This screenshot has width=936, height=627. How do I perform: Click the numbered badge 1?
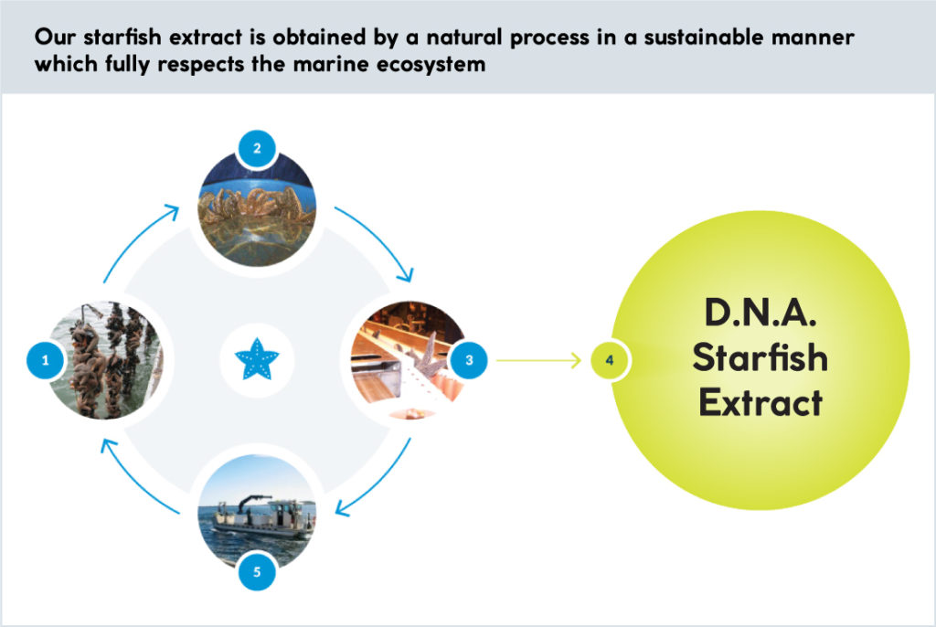click(46, 360)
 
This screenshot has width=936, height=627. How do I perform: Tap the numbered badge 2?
click(257, 148)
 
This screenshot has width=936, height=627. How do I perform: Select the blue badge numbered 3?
click(469, 360)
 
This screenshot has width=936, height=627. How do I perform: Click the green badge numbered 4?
click(610, 360)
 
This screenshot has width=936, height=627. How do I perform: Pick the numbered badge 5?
click(257, 571)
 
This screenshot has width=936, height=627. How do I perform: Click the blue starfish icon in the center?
click(257, 360)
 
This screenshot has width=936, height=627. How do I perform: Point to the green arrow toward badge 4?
click(538, 360)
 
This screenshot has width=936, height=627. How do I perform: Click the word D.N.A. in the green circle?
click(760, 312)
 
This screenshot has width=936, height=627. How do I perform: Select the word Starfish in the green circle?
click(760, 357)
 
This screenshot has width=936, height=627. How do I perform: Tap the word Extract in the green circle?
click(760, 402)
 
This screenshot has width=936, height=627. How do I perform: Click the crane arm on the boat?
click(249, 502)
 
